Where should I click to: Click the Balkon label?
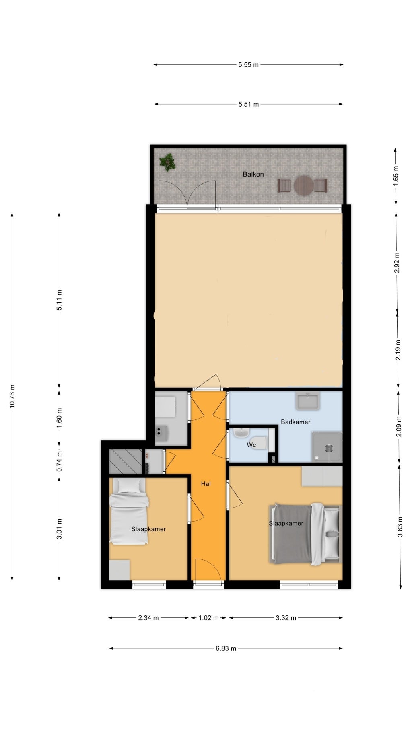pyautogui.click(x=253, y=174)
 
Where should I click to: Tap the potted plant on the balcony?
pyautogui.click(x=167, y=162)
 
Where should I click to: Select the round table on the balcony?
pyautogui.click(x=303, y=185)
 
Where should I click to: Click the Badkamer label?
pyautogui.click(x=295, y=422)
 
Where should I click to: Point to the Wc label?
pyautogui.click(x=251, y=445)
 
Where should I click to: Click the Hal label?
pyautogui.click(x=206, y=484)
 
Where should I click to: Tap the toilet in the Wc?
pyautogui.click(x=257, y=443)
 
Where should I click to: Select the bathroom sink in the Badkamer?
pyautogui.click(x=307, y=401)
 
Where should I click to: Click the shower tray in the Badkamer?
pyautogui.click(x=327, y=447)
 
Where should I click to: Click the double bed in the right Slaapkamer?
pyautogui.click(x=305, y=534)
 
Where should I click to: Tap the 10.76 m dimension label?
pyautogui.click(x=12, y=396)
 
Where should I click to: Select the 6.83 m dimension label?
pyautogui.click(x=226, y=648)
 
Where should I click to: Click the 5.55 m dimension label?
pyautogui.click(x=248, y=64)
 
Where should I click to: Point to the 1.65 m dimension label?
pyautogui.click(x=396, y=176)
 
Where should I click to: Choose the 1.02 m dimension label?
pyautogui.click(x=208, y=618)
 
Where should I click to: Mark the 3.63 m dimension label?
pyautogui.click(x=400, y=527)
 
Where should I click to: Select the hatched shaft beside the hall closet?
pyautogui.click(x=126, y=461)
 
